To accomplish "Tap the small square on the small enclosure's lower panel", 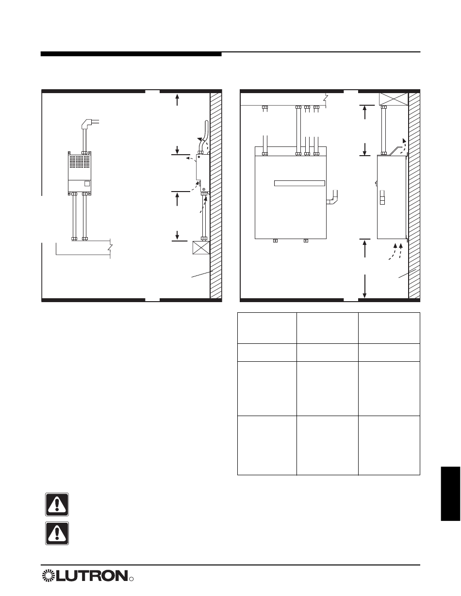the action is [x=87, y=183].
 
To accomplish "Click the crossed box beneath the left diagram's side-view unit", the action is [x=201, y=248].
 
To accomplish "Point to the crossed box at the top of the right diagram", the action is [x=394, y=99].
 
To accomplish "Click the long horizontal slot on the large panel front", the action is [x=300, y=183].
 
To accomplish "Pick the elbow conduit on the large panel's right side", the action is [x=332, y=198].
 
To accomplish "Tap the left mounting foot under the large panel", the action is [x=275, y=241].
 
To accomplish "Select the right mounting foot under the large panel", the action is [x=306, y=241].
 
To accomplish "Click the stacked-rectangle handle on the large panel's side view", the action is [x=382, y=197].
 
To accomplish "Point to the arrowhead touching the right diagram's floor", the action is [x=365, y=295].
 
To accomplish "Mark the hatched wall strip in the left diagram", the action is [x=216, y=195].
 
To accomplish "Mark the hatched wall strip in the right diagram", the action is [x=414, y=195].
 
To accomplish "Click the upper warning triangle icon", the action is [x=57, y=504].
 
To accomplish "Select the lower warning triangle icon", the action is [x=57, y=533].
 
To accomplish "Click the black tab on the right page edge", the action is [x=451, y=493].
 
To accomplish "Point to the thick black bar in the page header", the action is [x=131, y=54].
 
